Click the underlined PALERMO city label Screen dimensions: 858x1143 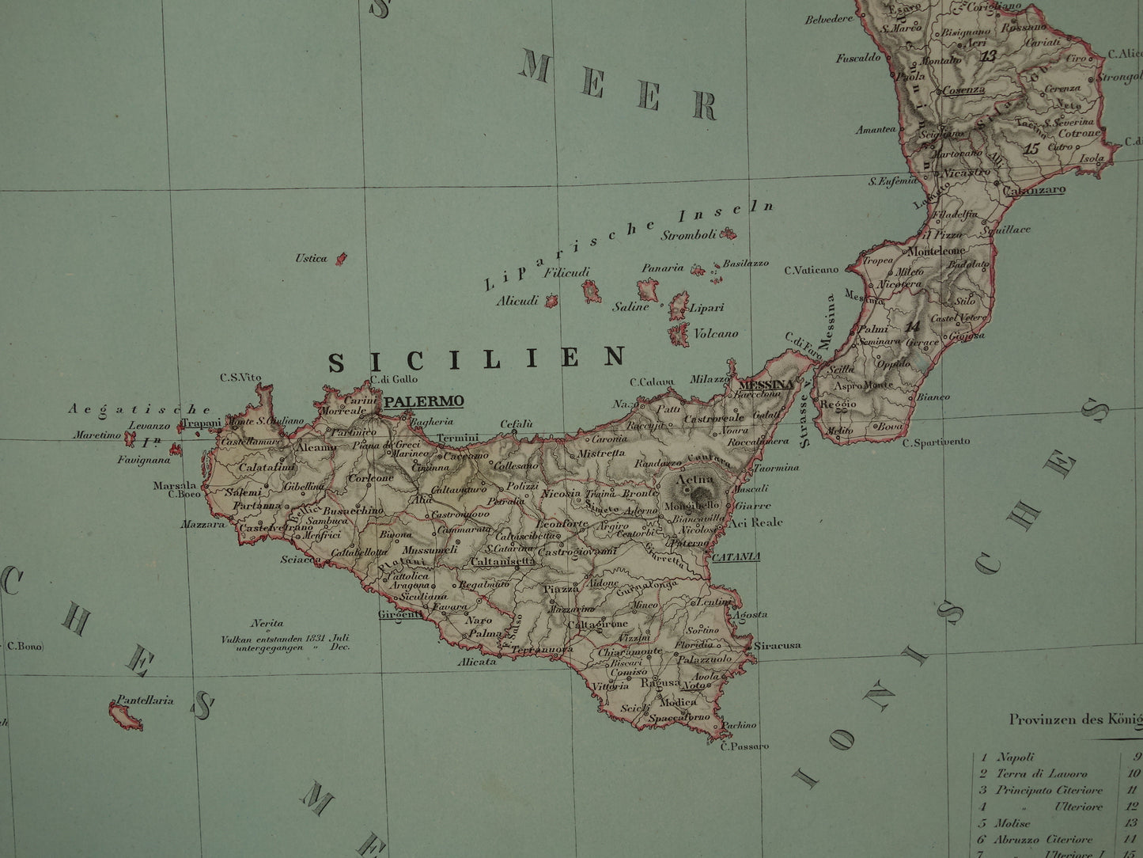coord(423,401)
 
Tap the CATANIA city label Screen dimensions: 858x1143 coord(736,556)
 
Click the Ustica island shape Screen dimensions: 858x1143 coord(342,258)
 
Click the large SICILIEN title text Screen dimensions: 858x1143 coord(477,360)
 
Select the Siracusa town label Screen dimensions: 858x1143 coord(778,645)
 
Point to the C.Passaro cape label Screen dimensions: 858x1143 coord(740,746)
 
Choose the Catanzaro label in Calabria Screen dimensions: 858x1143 coord(1034,190)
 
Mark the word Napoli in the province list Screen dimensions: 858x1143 coord(1016,757)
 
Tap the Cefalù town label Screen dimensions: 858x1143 coord(517,424)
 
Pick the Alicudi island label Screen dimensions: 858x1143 coord(517,301)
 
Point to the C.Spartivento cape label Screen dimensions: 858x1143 coord(937,442)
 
